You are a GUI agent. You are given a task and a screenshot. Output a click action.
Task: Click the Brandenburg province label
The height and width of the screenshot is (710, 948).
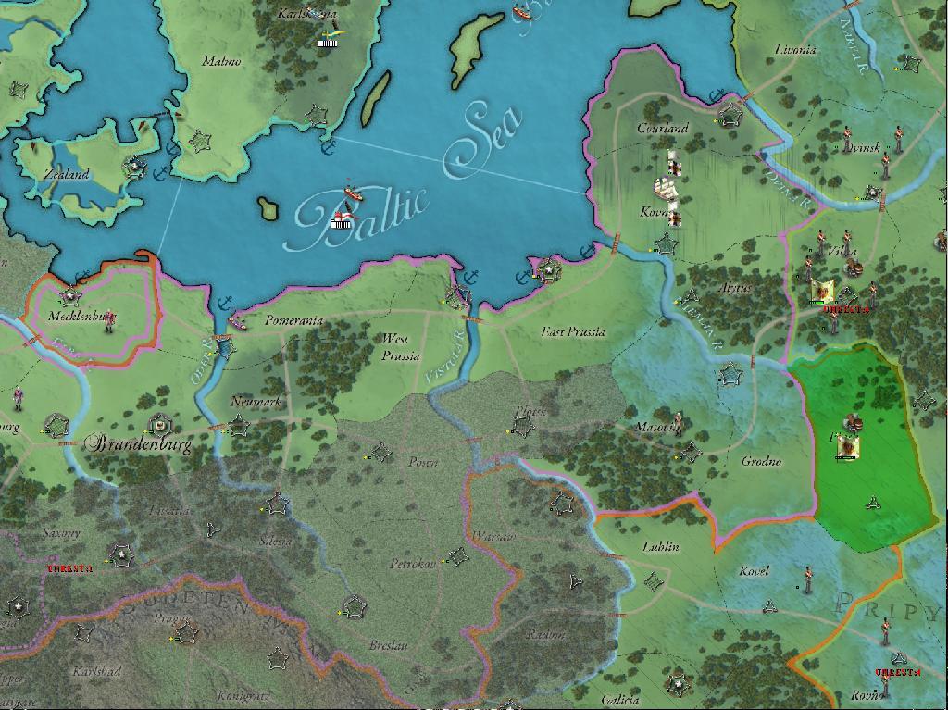tap(140, 444)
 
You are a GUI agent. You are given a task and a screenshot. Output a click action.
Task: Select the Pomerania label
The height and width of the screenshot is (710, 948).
tap(293, 320)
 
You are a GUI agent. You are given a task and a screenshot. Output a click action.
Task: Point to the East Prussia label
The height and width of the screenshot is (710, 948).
tap(573, 331)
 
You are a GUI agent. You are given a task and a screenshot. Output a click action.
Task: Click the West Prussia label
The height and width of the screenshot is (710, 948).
tap(401, 347)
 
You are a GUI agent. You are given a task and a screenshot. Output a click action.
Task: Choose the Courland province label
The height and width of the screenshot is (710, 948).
tap(663, 129)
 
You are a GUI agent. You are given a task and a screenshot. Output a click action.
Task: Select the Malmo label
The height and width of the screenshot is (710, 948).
tap(221, 62)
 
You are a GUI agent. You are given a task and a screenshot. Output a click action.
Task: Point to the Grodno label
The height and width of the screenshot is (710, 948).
tap(761, 461)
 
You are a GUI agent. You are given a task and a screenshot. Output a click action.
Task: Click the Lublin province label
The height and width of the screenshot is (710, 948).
tap(661, 547)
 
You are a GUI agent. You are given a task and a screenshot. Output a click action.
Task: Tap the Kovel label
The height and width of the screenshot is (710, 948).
tap(754, 571)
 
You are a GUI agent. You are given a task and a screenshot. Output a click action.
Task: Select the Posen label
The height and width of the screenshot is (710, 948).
tap(423, 462)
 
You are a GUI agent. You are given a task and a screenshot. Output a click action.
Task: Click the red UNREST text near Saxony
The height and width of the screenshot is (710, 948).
tap(70, 568)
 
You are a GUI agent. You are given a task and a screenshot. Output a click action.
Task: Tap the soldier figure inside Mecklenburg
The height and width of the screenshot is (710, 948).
tap(109, 321)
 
